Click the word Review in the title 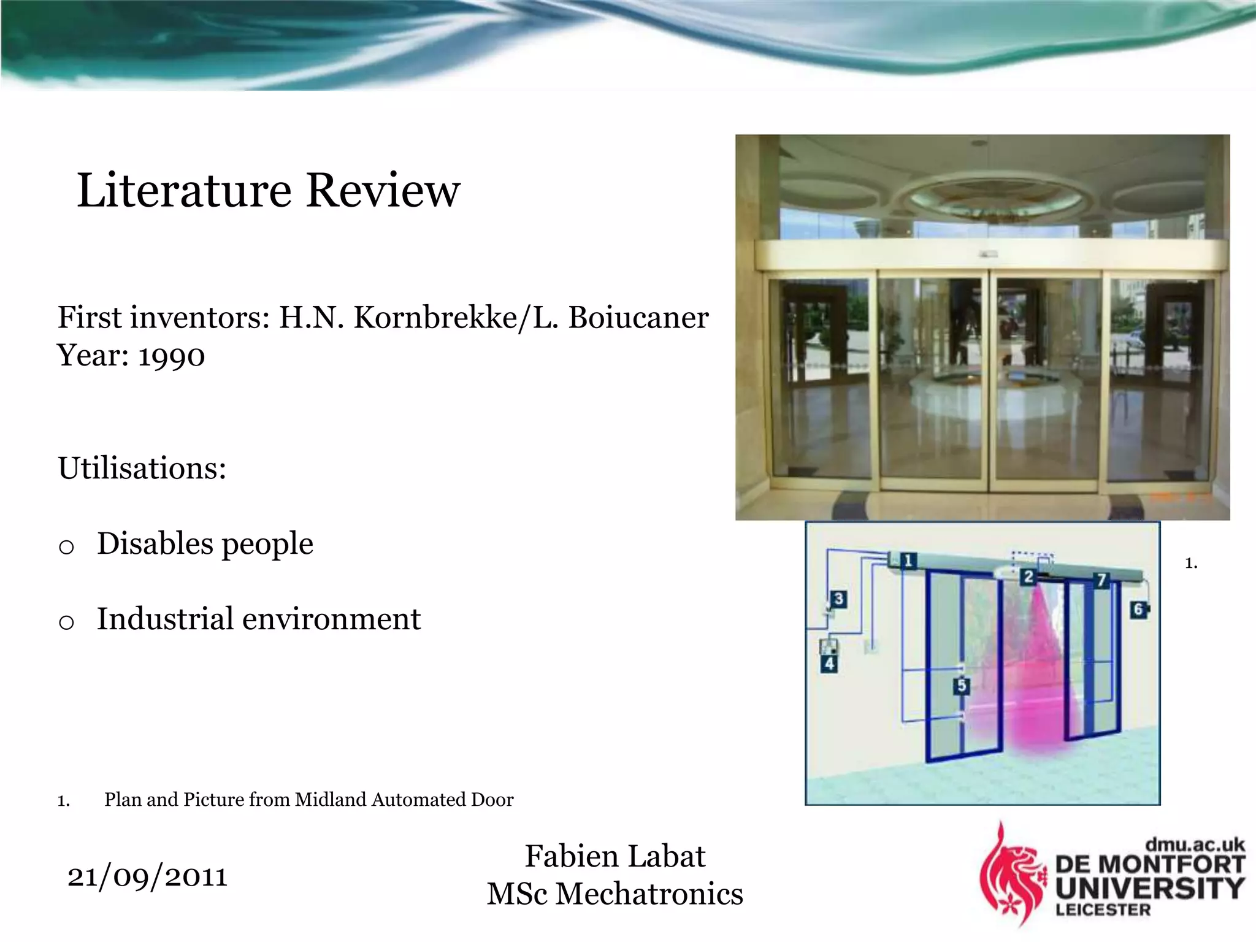pyautogui.click(x=383, y=191)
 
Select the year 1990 pyautogui.click(x=172, y=356)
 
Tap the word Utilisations pyautogui.click(x=142, y=469)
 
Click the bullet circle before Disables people pyautogui.click(x=66, y=546)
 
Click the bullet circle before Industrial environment pyautogui.click(x=66, y=622)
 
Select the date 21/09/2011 pyautogui.click(x=147, y=876)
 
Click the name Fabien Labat pyautogui.click(x=615, y=856)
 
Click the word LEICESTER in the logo pyautogui.click(x=1103, y=909)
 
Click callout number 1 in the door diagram pyautogui.click(x=908, y=561)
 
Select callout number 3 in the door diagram pyautogui.click(x=838, y=599)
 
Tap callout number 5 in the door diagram pyautogui.click(x=961, y=686)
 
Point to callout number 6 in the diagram pyautogui.click(x=1138, y=609)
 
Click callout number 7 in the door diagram pyautogui.click(x=1101, y=580)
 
